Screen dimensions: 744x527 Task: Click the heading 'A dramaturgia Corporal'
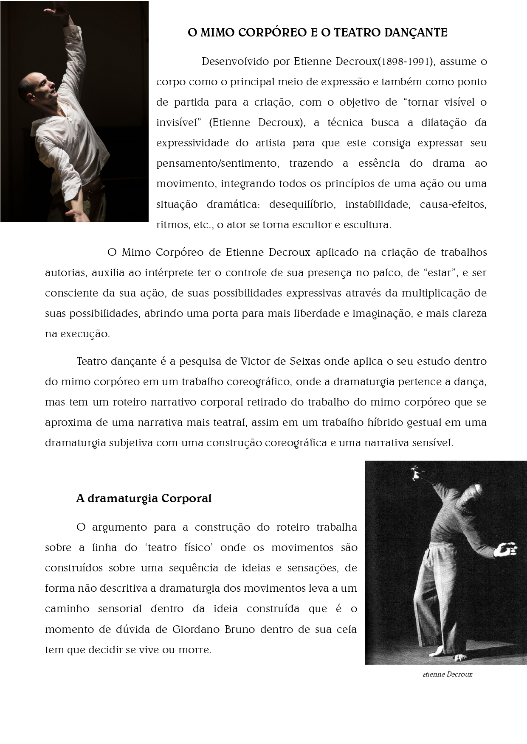point(144,498)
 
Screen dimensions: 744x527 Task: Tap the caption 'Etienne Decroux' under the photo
point(447,674)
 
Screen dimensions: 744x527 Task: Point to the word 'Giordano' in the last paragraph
point(196,629)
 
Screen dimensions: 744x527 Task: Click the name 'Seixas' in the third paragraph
point(305,361)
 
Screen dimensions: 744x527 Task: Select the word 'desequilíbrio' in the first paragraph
point(302,204)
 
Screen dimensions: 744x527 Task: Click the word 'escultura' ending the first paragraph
point(369,225)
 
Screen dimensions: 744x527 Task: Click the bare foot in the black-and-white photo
point(459,657)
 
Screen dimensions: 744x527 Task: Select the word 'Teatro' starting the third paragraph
point(91,361)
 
